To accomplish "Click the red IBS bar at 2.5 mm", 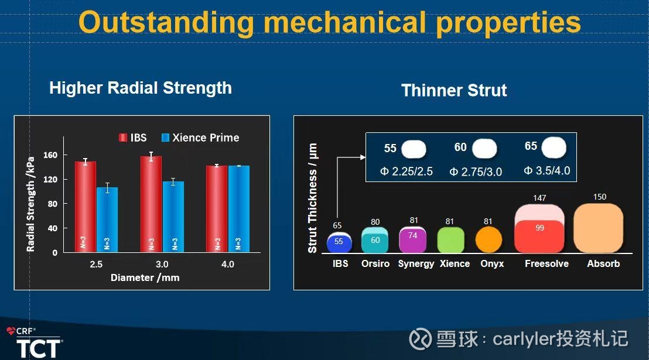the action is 86,207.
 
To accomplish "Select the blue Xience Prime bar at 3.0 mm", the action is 173,217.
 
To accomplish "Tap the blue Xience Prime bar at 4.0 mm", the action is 239,209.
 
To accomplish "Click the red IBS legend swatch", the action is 123,138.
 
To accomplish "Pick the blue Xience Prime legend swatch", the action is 165,138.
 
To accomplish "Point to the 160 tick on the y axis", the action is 50,155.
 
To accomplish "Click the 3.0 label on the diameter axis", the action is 162,264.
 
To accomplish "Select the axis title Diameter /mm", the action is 145,277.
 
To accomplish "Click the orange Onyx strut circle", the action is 489,239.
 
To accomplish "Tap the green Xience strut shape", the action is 451,239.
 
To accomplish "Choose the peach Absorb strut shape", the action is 599,228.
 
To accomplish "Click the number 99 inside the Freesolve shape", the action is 539,228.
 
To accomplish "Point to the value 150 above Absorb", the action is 600,197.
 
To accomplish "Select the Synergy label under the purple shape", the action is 416,264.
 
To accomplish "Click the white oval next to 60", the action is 484,149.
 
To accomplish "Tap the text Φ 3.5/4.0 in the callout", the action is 547,170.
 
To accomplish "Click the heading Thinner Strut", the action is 454,90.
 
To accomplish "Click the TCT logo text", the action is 39,348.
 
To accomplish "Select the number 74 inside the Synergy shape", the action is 413,235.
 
